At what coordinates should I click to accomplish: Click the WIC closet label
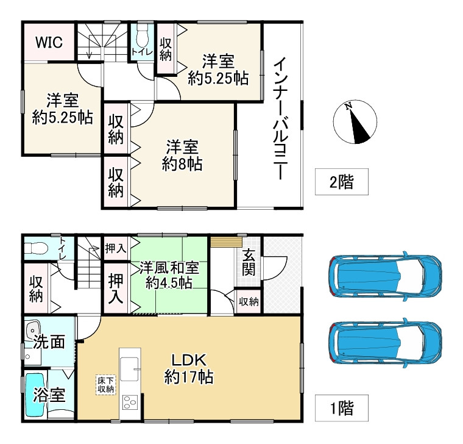pyautogui.click(x=48, y=42)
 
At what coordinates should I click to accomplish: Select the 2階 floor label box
pyautogui.click(x=341, y=182)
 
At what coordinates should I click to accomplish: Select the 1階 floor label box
pyautogui.click(x=341, y=407)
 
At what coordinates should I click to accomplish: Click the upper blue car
pyautogui.click(x=384, y=276)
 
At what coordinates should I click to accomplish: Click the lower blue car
pyautogui.click(x=384, y=343)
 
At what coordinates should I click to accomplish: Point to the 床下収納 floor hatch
pyautogui.click(x=105, y=384)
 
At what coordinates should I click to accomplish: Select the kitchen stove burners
pyautogui.click(x=131, y=403)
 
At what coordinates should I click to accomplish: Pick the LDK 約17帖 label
pyautogui.click(x=188, y=369)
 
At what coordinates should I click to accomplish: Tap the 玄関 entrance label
pyautogui.click(x=249, y=263)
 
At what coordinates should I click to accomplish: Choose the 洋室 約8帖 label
pyautogui.click(x=182, y=156)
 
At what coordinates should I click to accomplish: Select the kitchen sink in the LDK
pyautogui.click(x=130, y=368)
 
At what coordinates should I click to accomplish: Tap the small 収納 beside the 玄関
pyautogui.click(x=248, y=301)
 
